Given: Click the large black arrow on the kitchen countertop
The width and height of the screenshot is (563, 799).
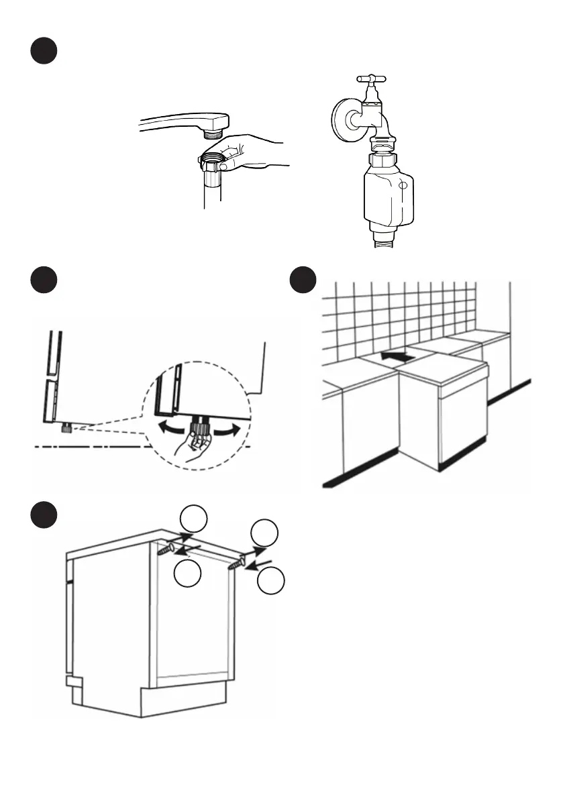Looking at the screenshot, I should click(394, 356).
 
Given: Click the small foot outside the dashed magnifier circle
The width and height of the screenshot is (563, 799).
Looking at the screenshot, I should click(67, 427).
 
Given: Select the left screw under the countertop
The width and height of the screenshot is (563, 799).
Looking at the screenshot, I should click(166, 549).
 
